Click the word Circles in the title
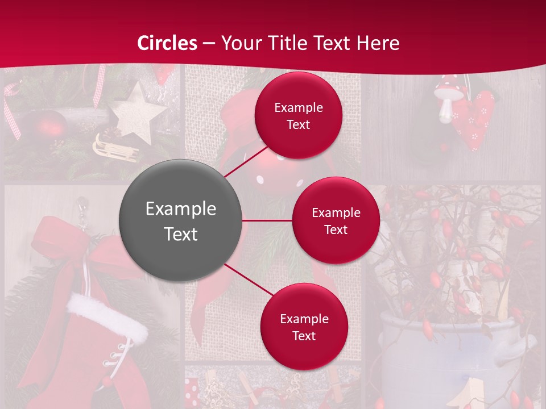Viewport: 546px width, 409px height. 167,43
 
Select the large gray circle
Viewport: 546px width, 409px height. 180,220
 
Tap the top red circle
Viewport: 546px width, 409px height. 298,115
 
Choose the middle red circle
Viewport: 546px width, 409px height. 336,220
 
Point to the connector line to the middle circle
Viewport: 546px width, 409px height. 267,220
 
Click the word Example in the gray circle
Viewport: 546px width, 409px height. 180,209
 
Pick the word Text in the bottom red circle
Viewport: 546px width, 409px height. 304,336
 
